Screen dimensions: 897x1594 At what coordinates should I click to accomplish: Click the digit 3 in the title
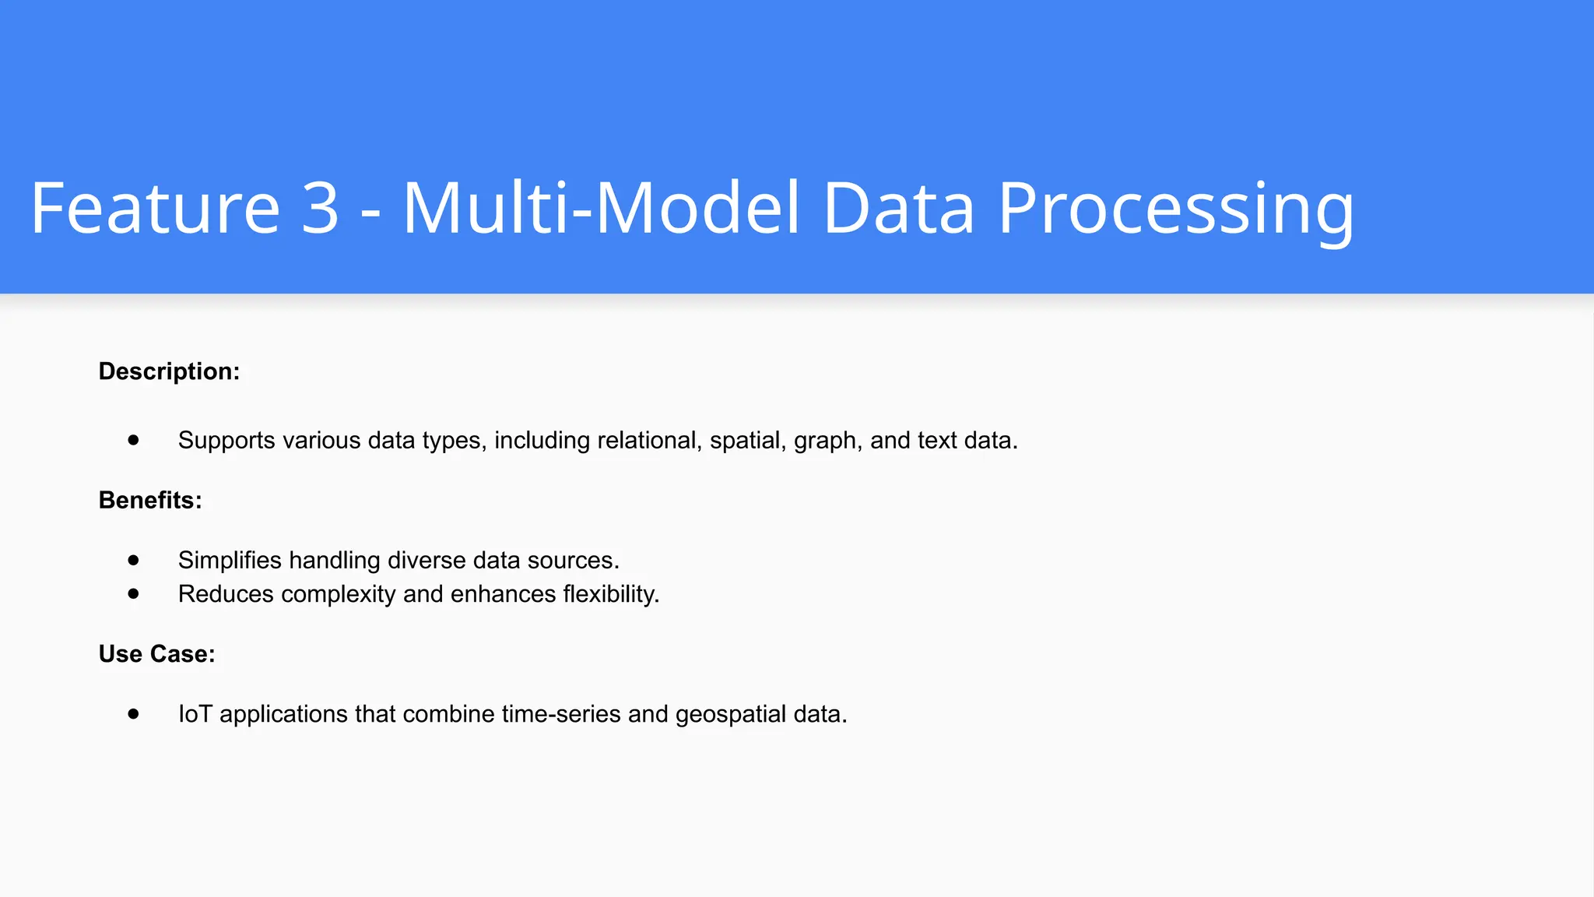320,208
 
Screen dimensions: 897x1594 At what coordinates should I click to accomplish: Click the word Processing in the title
1175,208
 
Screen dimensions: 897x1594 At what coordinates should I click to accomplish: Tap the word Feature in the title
155,208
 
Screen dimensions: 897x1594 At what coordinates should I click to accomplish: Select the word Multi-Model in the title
601,208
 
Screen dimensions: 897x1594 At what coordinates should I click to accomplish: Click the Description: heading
169,371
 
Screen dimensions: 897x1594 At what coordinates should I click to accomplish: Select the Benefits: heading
150,500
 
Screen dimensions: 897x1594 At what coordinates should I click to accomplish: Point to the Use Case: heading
156,654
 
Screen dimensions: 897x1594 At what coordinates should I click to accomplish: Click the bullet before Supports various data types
134,440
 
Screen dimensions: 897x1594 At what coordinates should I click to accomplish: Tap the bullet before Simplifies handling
134,560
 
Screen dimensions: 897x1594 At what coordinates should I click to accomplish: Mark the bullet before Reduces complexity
134,593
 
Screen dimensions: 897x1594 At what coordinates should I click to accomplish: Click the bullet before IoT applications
134,713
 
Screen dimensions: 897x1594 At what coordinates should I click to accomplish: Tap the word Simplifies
230,560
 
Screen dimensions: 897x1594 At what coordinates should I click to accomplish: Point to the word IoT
195,713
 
